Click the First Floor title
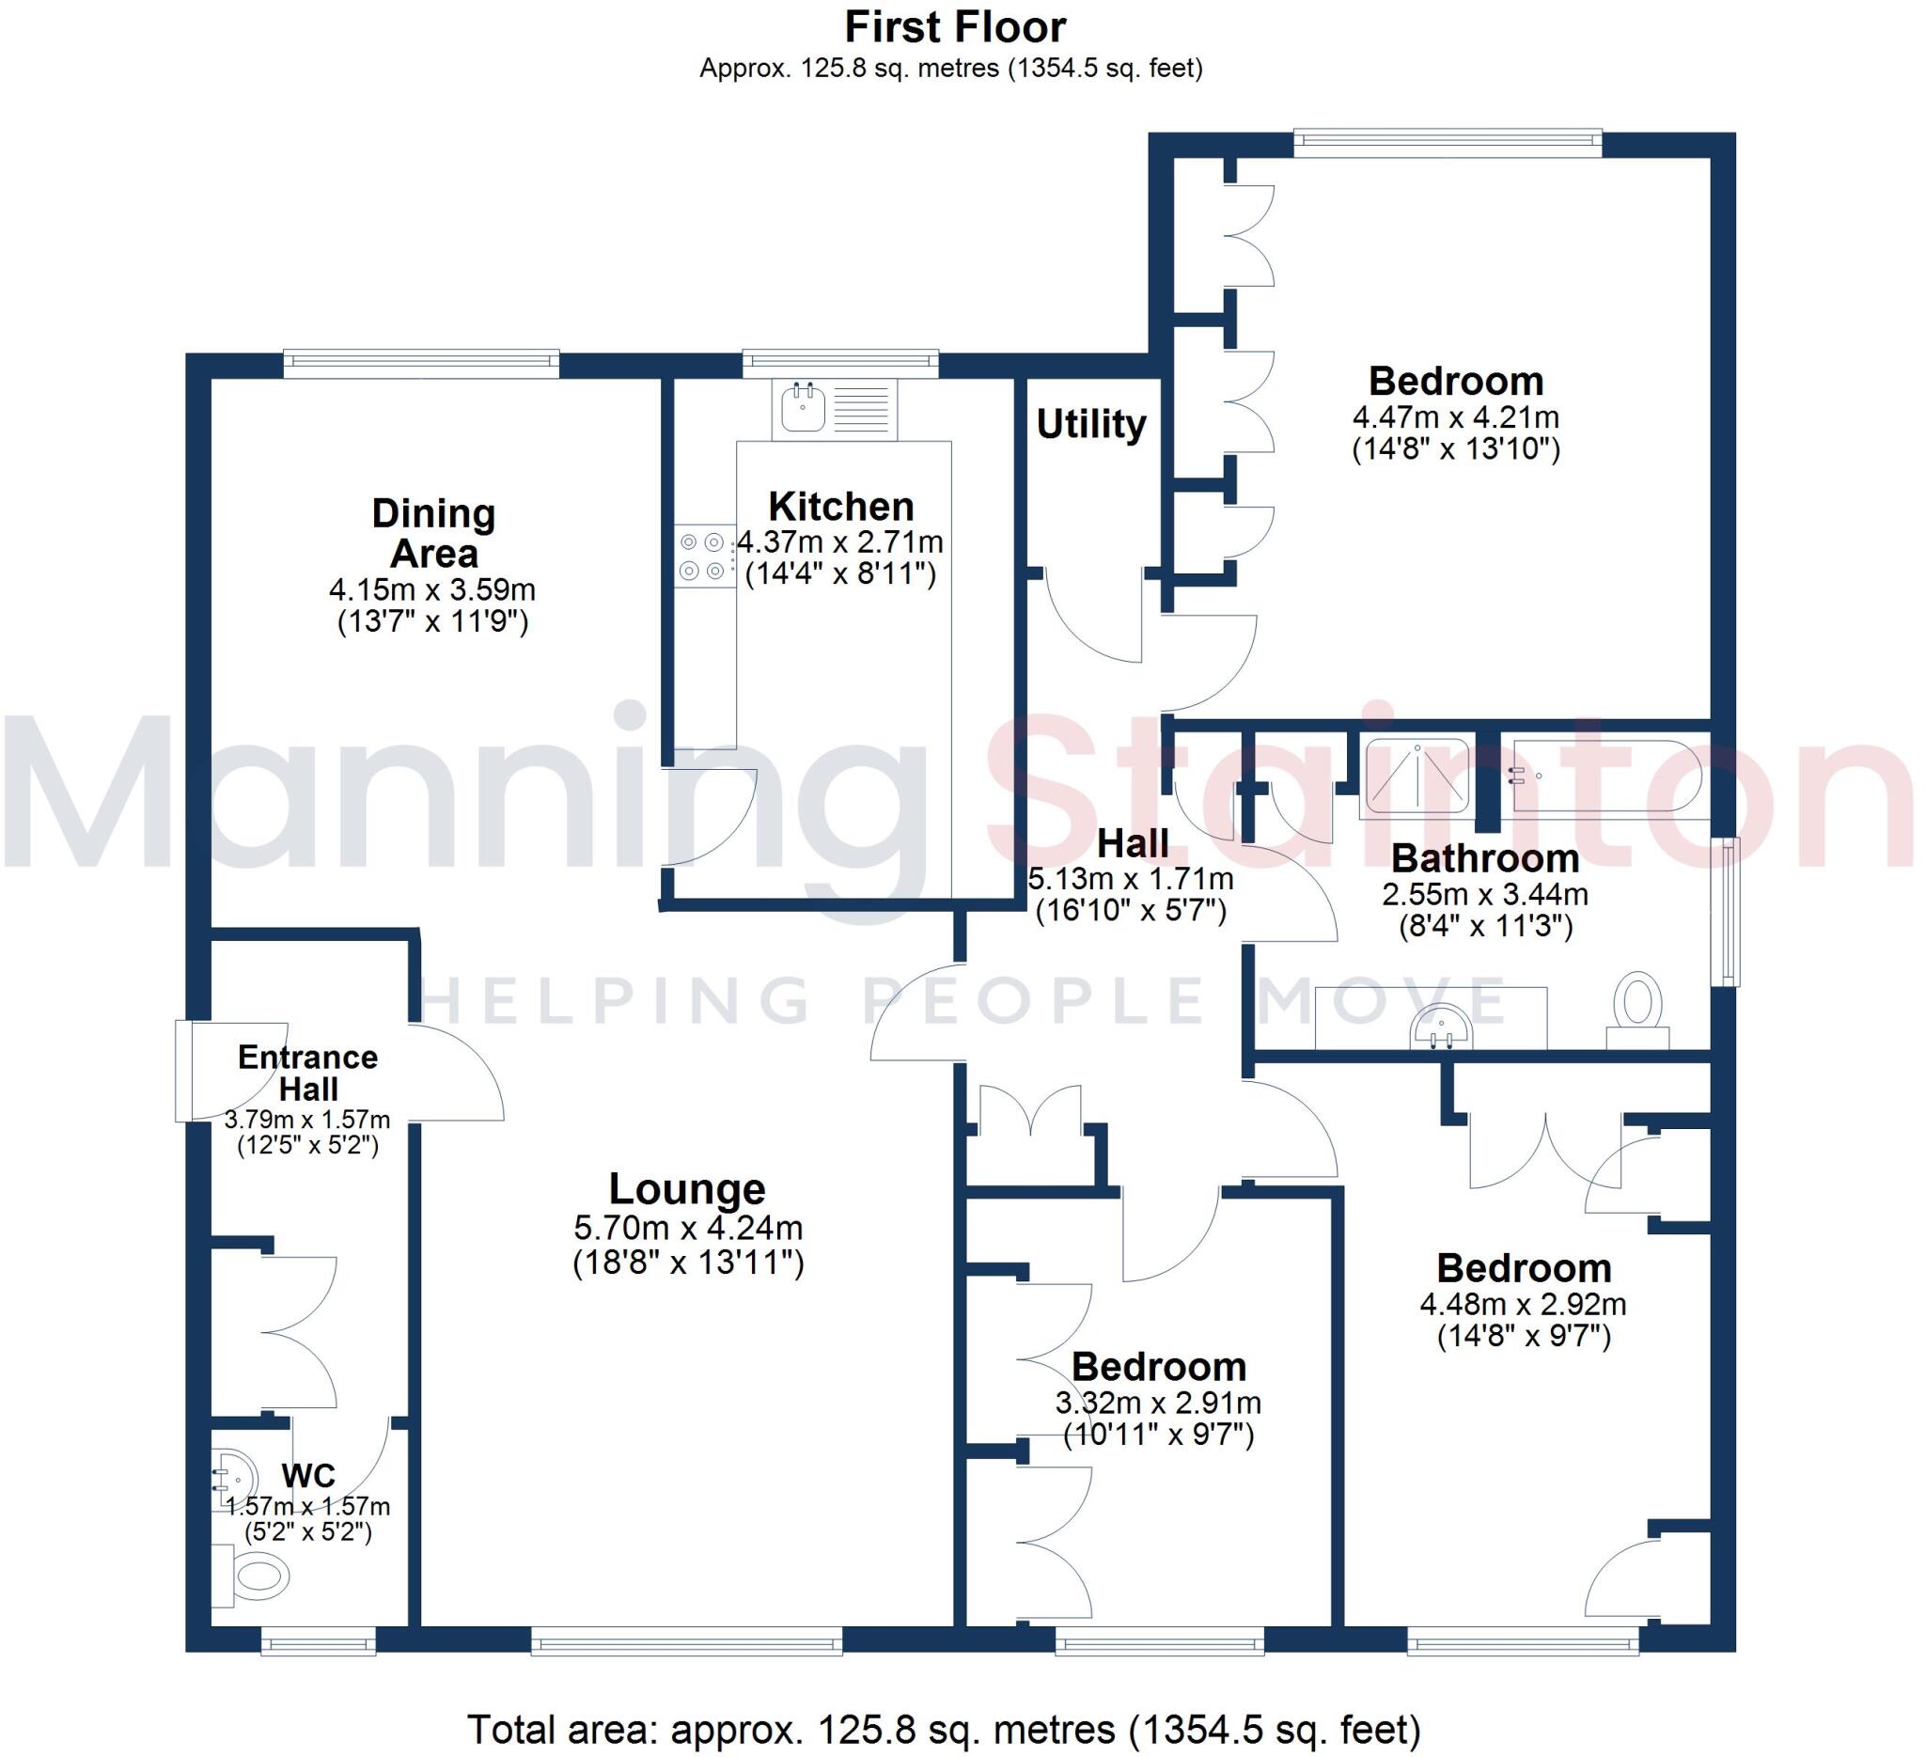click(x=955, y=27)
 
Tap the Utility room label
click(x=1090, y=424)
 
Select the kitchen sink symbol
click(x=803, y=408)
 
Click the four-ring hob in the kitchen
click(x=702, y=557)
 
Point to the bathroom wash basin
click(x=1442, y=1027)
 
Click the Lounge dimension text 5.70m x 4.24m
click(x=687, y=1228)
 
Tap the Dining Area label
click(x=433, y=533)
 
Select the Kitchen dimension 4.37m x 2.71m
click(x=840, y=542)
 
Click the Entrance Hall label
click(x=307, y=1073)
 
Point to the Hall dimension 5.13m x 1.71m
click(x=1131, y=878)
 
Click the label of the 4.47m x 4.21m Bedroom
click(x=1455, y=381)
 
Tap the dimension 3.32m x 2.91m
click(x=1157, y=1403)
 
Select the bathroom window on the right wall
click(x=1730, y=912)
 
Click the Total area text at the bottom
click(x=944, y=1730)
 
